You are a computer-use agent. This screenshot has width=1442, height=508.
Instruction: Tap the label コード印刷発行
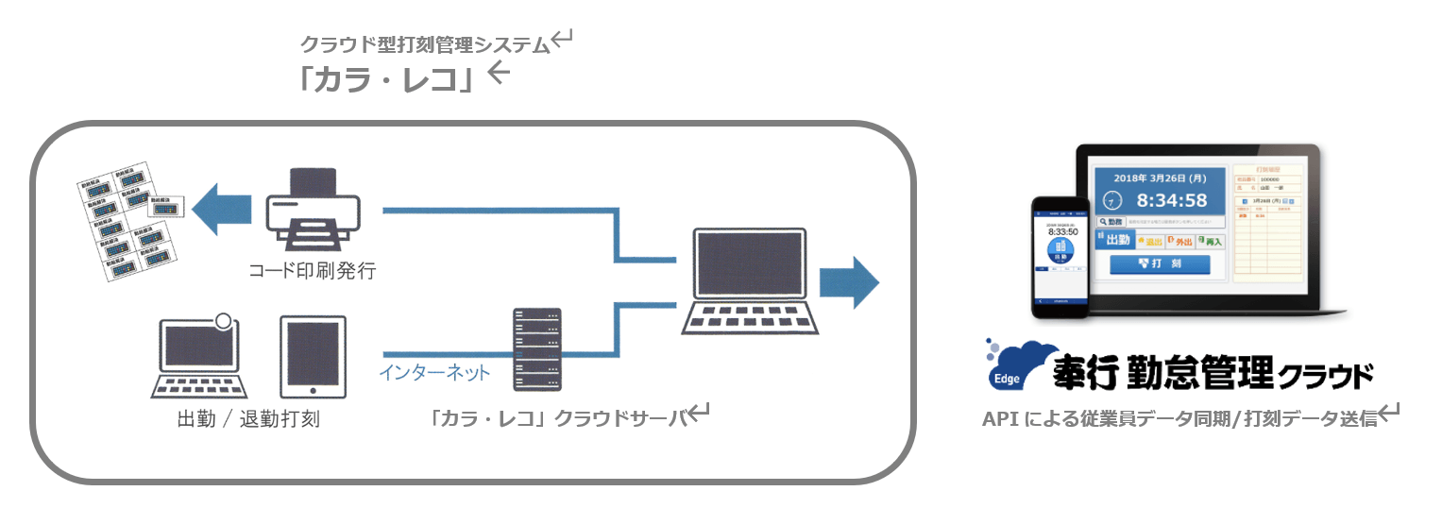313,272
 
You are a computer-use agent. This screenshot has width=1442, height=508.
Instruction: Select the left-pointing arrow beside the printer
221,211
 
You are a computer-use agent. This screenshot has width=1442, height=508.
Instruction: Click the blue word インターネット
434,373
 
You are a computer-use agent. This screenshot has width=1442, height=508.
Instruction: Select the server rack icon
536,348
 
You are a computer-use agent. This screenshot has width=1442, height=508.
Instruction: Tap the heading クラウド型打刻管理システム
424,43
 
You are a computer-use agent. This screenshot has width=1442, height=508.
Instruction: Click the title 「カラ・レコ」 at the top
387,79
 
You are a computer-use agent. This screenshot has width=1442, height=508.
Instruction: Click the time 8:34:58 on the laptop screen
1171,200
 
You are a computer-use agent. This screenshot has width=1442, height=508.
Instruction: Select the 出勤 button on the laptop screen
1114,240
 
